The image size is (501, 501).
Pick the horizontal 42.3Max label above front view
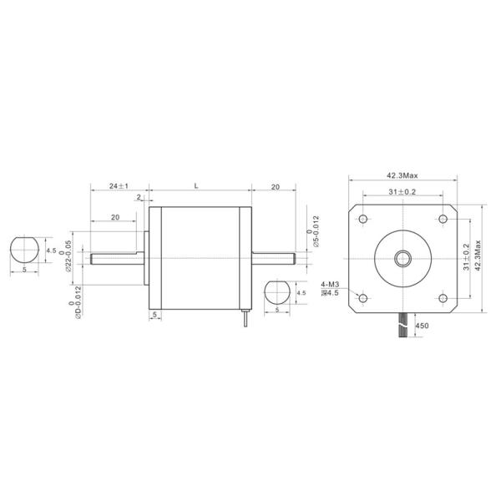coord(402,176)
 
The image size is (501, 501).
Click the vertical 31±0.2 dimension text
coord(466,259)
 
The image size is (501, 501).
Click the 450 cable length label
coord(422,326)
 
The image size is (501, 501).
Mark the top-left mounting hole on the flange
coord(362,219)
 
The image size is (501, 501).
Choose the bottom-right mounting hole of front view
coord(442,298)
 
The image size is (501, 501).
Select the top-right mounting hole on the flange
coord(442,219)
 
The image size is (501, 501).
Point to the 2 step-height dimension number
coord(137,199)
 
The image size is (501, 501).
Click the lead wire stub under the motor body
coord(245,319)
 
